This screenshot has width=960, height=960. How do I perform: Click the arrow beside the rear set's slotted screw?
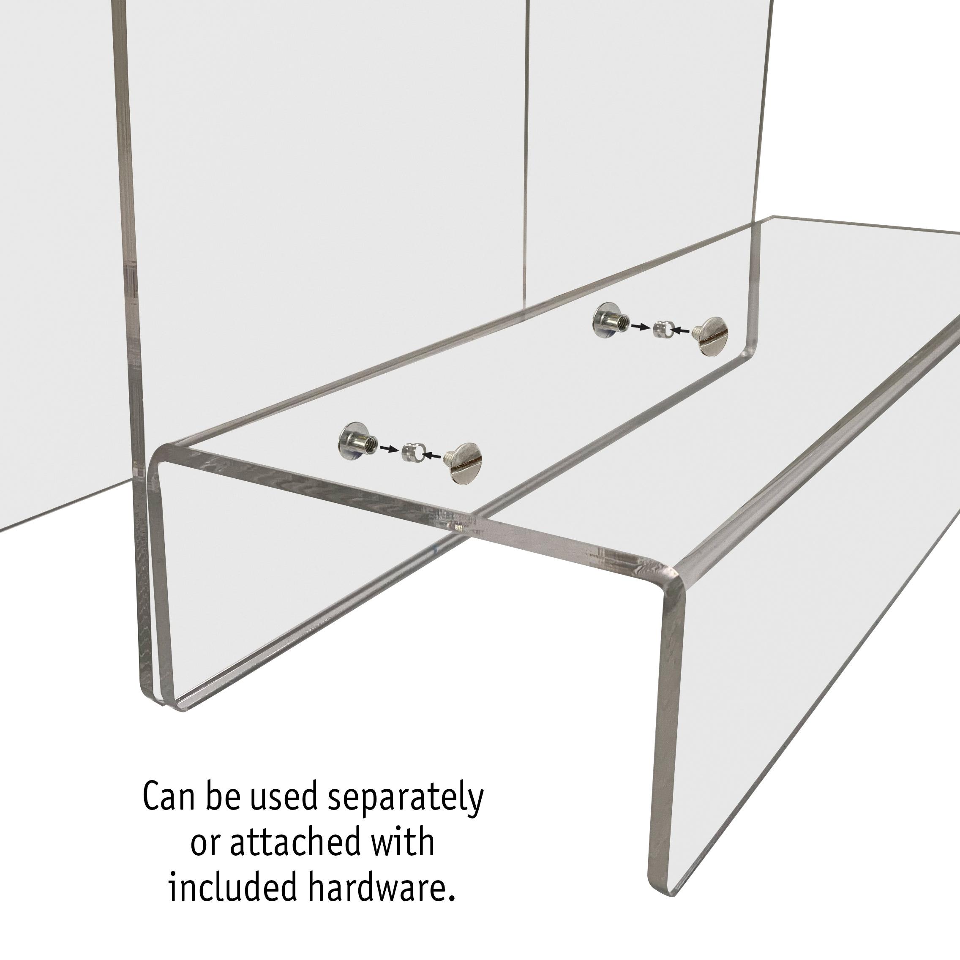pos(681,330)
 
